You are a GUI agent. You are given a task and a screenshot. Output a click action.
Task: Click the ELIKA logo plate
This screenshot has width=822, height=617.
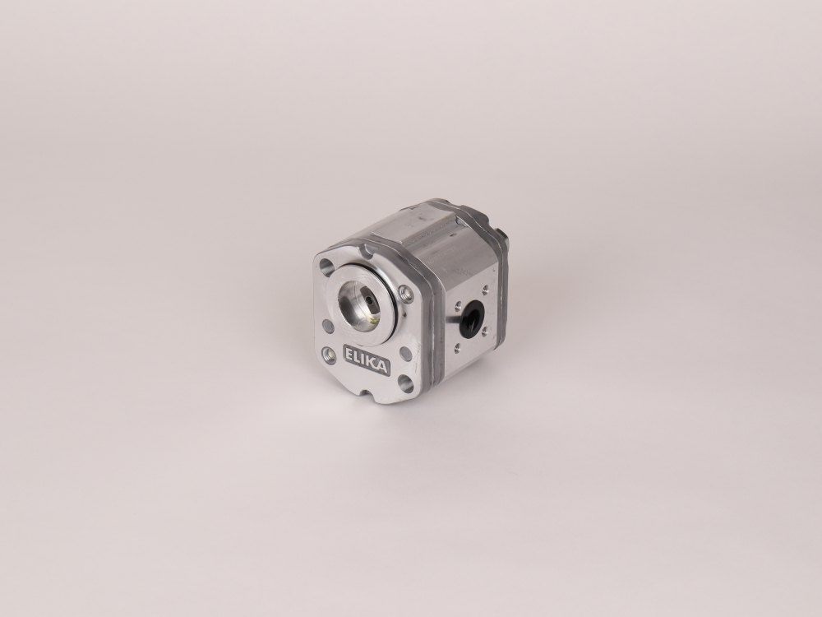(367, 360)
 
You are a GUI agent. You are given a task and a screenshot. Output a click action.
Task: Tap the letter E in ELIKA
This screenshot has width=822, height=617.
(349, 354)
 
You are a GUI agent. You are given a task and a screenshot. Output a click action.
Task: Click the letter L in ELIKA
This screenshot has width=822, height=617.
(358, 357)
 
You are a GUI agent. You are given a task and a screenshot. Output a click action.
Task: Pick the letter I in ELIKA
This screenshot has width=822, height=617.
(364, 360)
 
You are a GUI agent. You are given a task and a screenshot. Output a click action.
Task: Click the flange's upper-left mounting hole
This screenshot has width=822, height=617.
(326, 267)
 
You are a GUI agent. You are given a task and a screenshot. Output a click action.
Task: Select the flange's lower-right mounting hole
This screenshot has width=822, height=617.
(405, 383)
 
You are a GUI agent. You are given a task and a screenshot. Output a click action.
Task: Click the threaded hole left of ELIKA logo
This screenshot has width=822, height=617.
(330, 355)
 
